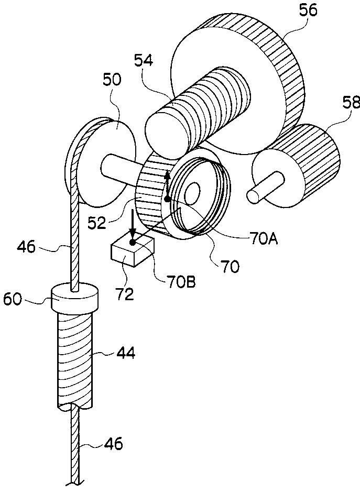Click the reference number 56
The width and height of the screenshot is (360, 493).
(309, 12)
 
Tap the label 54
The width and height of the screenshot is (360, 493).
(144, 60)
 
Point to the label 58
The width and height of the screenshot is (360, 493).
(351, 103)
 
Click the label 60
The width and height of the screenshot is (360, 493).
(13, 300)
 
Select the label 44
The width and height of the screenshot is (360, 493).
(126, 354)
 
